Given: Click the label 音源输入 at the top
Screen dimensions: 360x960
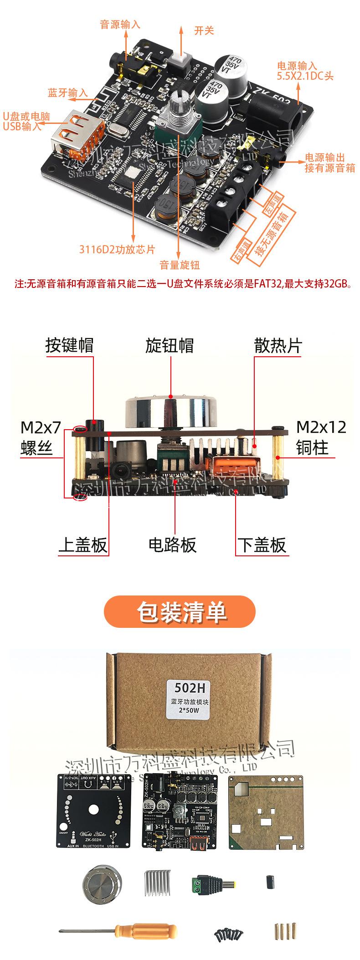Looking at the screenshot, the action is point(120,25).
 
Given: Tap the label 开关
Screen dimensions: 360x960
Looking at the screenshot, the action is point(204,31).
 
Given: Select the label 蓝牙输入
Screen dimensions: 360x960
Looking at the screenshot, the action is point(67,93).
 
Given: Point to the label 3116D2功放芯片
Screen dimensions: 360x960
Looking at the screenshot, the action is point(117,249).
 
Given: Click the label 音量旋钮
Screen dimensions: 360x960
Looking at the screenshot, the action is point(180,265).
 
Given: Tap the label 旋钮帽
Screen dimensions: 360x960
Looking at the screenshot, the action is point(170,345).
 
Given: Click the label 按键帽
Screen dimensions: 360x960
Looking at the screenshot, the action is point(69,345).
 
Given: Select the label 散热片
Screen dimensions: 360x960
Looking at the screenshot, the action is point(278,345).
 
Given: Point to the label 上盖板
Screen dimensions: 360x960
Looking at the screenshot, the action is point(82,544).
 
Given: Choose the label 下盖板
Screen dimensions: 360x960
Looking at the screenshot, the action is point(262,544).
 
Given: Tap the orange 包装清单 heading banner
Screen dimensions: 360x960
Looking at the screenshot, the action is point(180,611).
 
